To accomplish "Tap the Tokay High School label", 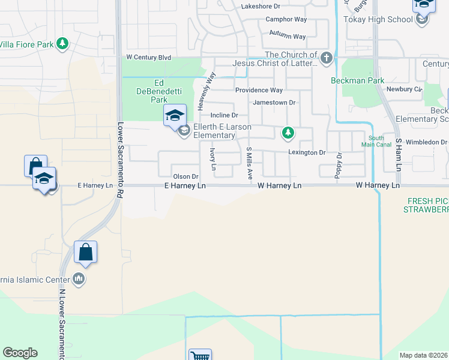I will [x=378, y=19].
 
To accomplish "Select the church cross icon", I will [x=326, y=58].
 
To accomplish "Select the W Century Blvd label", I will [x=148, y=58].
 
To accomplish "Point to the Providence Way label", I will [x=258, y=90].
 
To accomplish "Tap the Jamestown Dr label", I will [x=274, y=103].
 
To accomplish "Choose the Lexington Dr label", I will [x=306, y=152].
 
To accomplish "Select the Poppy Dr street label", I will [x=339, y=164].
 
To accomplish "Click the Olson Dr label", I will [x=185, y=176].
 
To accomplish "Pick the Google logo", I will [x=20, y=353].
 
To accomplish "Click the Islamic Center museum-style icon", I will [x=79, y=278].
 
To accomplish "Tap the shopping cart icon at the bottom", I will [x=199, y=355].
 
